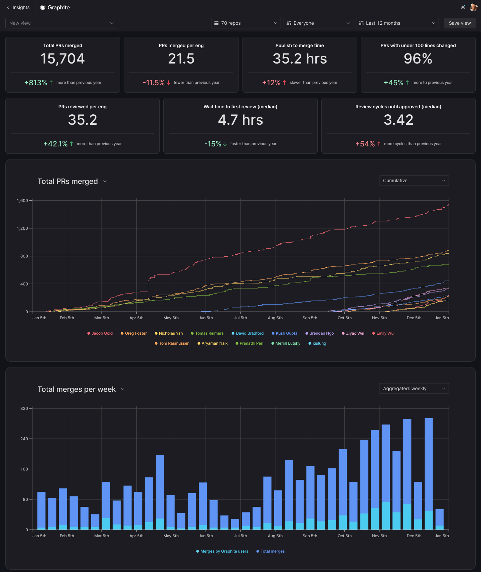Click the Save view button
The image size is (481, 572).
click(460, 23)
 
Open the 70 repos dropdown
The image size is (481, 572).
click(246, 23)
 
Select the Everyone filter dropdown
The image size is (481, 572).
click(318, 23)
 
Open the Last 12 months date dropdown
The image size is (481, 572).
click(397, 23)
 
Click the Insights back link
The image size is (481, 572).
click(18, 7)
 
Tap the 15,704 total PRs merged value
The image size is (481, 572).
click(62, 59)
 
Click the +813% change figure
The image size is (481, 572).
click(36, 83)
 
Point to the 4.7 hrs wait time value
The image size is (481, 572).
click(240, 120)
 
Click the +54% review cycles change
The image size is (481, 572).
click(365, 144)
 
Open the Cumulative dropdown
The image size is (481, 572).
click(414, 181)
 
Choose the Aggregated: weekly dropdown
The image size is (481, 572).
click(414, 388)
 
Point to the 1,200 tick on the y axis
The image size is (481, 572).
click(23, 228)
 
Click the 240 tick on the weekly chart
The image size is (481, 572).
click(24, 439)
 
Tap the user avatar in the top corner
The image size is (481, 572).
click(473, 7)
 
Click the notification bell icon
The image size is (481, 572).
click(463, 7)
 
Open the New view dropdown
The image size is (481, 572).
click(61, 23)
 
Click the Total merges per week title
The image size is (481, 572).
click(77, 389)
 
